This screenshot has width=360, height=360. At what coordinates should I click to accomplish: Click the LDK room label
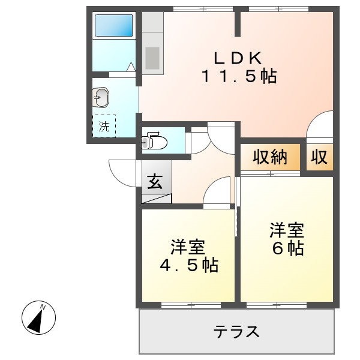point(239,58)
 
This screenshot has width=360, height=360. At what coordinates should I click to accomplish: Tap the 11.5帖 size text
point(239,77)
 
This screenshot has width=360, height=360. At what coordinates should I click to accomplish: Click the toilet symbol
point(154,142)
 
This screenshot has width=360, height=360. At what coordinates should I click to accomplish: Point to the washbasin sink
point(101,97)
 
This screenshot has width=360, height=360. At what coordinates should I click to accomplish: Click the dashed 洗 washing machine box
point(104,126)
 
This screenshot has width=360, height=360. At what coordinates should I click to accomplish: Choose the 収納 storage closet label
point(269,157)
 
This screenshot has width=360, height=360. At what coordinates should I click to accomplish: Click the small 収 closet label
point(318,157)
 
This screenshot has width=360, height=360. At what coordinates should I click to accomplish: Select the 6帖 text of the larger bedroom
point(287,248)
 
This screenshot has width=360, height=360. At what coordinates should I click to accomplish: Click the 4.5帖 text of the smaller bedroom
point(187,265)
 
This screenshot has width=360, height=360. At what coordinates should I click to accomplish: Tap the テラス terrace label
point(236,331)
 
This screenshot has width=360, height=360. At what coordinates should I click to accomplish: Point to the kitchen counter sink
point(152,58)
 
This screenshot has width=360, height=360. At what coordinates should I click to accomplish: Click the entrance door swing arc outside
point(120,173)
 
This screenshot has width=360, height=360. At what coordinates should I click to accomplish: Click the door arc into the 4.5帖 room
point(217,193)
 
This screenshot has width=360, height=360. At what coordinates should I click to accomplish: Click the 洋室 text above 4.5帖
point(187,247)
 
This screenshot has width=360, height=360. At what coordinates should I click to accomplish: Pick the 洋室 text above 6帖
point(287,230)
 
